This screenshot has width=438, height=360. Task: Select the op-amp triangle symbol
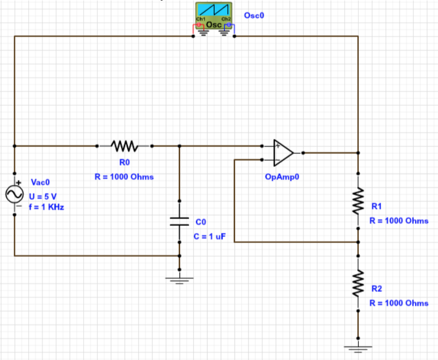click(283, 152)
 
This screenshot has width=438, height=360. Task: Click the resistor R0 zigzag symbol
click(124, 146)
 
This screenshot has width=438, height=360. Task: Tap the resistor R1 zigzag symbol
click(358, 200)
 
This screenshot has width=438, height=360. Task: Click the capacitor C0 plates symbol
click(179, 221)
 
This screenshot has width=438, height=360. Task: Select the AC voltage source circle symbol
click(14, 194)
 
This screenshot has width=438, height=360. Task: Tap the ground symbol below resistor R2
click(358, 347)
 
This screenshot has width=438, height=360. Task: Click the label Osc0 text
click(253, 15)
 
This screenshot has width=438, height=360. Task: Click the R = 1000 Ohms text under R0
click(124, 177)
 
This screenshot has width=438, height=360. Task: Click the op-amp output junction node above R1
click(358, 153)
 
